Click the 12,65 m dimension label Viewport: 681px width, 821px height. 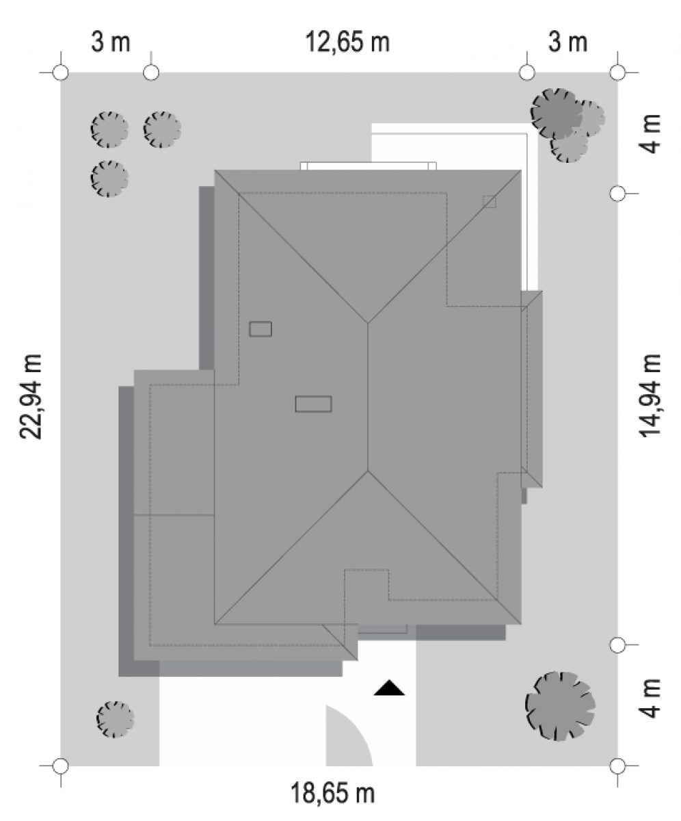point(347,42)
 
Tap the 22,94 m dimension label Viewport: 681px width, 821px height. point(31,397)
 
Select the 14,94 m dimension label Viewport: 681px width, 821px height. point(650,395)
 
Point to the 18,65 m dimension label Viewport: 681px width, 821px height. point(332,792)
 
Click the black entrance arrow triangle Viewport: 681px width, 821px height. point(388,688)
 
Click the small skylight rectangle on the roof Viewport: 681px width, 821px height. point(260,328)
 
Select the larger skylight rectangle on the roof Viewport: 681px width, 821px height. point(313,404)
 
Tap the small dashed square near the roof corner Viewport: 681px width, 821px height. point(490,202)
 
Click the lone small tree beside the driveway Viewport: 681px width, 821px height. point(115,719)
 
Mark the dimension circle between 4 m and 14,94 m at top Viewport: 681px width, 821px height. point(617,194)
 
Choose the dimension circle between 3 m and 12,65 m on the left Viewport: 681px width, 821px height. point(151,73)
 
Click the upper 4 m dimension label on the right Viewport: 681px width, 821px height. point(650,133)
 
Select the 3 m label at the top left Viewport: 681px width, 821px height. point(110,42)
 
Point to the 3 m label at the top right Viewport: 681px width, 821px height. point(567,42)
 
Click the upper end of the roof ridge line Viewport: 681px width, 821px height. point(368,324)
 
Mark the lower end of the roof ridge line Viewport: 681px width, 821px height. point(368,471)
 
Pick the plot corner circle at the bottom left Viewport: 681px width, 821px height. point(61,766)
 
